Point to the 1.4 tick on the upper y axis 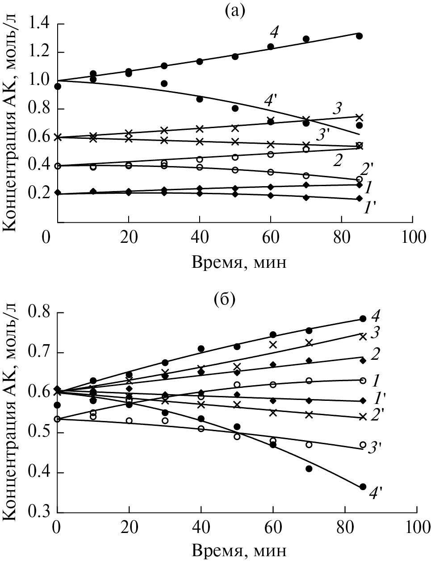coord(40,24)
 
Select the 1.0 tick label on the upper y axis coord(40,81)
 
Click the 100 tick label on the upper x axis coord(412,237)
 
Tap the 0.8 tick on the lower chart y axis coord(39,312)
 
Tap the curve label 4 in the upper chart coord(274,31)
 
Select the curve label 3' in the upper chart coord(322,135)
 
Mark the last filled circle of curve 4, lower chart coord(363,319)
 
